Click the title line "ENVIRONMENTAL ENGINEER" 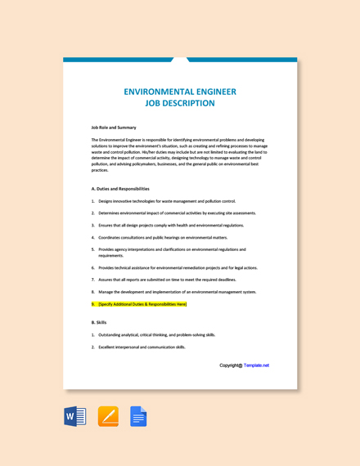tap(179, 92)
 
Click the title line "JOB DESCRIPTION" tap(179, 104)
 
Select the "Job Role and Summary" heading tap(114, 128)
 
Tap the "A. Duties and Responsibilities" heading tap(120, 189)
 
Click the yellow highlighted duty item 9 tap(142, 304)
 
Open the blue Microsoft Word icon tap(75, 416)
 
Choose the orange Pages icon tap(108, 416)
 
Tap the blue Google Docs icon tap(137, 416)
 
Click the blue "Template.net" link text tap(256, 365)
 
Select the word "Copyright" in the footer tap(230, 365)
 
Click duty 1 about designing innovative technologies tap(166, 201)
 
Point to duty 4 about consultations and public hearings tap(162, 237)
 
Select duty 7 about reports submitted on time tap(167, 280)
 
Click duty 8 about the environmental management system tap(177, 292)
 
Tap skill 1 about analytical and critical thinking tap(156, 334)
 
